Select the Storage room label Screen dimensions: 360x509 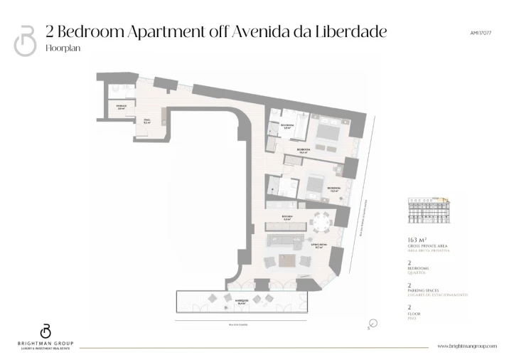coord(122,107)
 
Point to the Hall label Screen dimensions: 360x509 coord(147,121)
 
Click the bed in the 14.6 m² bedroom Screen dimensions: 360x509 coord(330,133)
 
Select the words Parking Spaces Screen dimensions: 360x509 coord(427,290)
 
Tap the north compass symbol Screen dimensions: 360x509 coord(374,324)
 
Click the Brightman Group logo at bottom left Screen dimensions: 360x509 coord(45,335)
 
